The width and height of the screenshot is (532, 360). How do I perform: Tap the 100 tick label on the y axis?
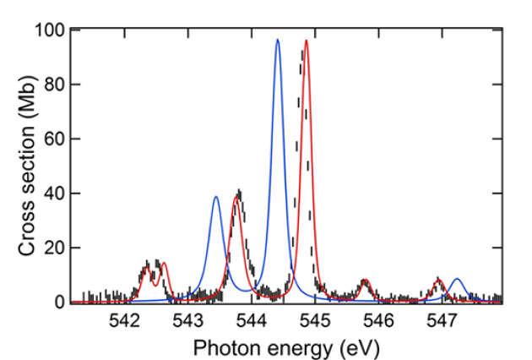click(x=48, y=30)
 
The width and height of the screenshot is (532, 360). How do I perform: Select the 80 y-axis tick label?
click(x=52, y=85)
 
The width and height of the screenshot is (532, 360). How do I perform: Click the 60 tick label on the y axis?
click(x=52, y=139)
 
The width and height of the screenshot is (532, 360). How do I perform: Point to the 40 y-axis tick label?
click(x=52, y=194)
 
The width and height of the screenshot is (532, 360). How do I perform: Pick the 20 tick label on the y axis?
click(x=52, y=248)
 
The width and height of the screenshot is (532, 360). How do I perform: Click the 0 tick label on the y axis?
click(x=57, y=302)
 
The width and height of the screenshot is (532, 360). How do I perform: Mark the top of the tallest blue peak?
click(x=277, y=40)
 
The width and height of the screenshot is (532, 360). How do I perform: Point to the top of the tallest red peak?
click(x=306, y=41)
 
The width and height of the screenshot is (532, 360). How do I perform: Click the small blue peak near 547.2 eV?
click(x=457, y=279)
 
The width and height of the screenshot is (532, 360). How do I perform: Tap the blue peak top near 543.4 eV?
click(x=215, y=197)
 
